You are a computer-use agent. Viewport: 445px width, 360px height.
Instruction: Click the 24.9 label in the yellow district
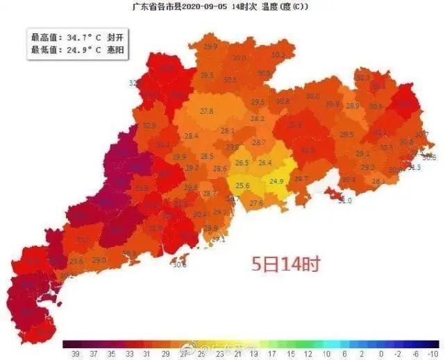pyautogui.click(x=276, y=182)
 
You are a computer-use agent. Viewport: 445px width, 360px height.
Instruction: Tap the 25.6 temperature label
pyautogui.click(x=242, y=186)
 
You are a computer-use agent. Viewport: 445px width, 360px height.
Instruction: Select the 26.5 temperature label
pyautogui.click(x=242, y=163)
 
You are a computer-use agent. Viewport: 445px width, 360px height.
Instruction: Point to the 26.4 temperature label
pyautogui.click(x=265, y=163)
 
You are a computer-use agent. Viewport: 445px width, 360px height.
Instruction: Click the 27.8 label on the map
pyautogui.click(x=206, y=111)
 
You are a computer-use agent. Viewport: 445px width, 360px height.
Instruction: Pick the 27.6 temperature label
pyautogui.click(x=256, y=203)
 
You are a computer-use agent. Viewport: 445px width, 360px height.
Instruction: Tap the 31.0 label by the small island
pyautogui.click(x=345, y=200)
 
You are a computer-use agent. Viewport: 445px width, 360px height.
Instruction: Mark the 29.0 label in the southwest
pyautogui.click(x=99, y=260)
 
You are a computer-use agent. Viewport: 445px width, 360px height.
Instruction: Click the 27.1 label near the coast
pyautogui.click(x=219, y=239)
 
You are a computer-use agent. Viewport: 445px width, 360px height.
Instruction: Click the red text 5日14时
pyautogui.click(x=285, y=264)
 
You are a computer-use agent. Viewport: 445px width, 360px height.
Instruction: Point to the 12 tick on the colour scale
pyautogui.click(x=308, y=353)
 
